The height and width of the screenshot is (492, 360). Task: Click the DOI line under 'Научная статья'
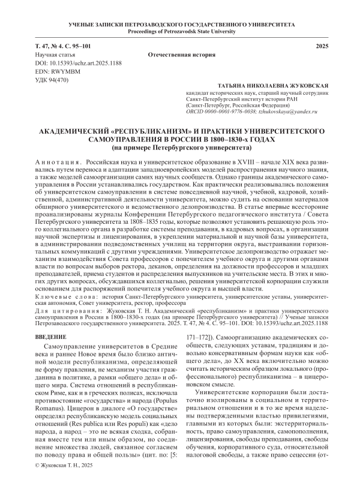pyautogui.click(x=75, y=62)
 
